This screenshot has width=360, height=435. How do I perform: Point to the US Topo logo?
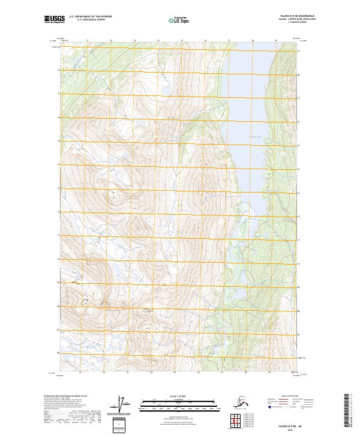179,20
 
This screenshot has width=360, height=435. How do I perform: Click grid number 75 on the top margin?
181,41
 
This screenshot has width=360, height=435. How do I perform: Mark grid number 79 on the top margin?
275,41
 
